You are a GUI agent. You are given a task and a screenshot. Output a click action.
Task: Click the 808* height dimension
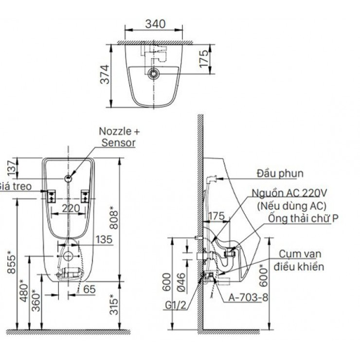click(113, 217)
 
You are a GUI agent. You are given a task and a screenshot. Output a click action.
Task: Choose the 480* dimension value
click(21, 289)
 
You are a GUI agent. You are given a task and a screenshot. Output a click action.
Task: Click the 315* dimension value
click(112, 304)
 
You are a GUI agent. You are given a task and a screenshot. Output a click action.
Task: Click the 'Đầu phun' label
click(281, 173)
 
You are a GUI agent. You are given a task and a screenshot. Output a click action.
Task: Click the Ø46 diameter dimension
click(180, 283)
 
